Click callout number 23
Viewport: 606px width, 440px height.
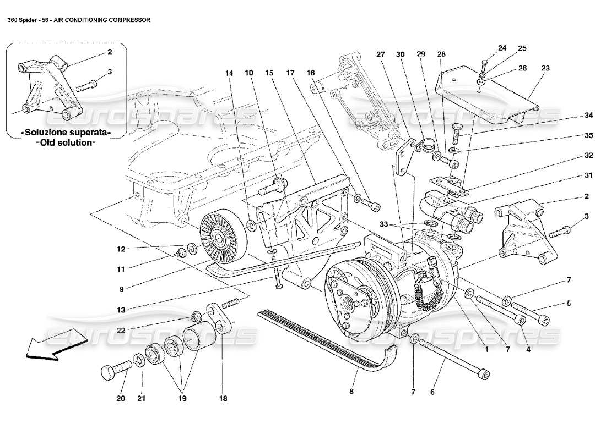click(545, 69)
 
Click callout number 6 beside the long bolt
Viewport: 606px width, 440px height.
click(433, 392)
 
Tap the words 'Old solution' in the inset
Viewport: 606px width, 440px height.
click(66, 142)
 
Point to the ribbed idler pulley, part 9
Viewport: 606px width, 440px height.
click(219, 238)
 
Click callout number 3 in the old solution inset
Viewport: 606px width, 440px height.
click(109, 71)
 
